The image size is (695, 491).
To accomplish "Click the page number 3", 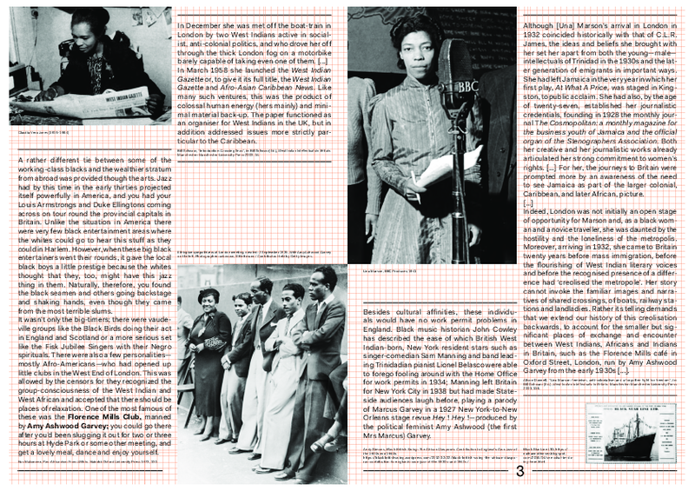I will click(519, 472).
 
